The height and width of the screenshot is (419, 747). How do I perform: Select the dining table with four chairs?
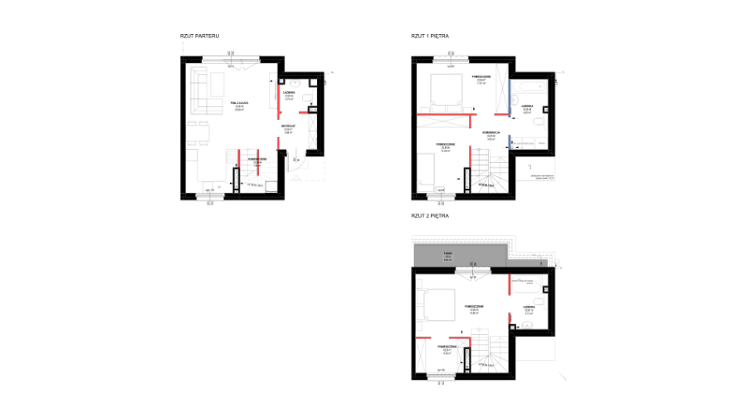pos(198,133)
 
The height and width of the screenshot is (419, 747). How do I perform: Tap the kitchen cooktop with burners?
pos(232,156)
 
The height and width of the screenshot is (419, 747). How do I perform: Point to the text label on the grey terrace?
pos(448,255)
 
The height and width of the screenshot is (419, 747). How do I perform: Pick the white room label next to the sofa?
pos(239,108)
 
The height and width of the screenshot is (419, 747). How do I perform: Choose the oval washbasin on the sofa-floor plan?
pos(295,84)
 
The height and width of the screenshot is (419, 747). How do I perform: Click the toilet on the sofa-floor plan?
pos(309,97)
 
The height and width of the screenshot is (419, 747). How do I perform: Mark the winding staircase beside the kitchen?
pos(259,176)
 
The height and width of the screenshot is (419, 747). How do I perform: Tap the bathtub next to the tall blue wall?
pos(530,86)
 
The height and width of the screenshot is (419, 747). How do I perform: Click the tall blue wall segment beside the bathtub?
pos(510,97)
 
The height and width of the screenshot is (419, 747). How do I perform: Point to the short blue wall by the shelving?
pos(509,142)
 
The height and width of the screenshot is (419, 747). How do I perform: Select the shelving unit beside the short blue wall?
pos(529,143)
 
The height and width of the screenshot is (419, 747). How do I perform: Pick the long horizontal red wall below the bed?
pos(446,115)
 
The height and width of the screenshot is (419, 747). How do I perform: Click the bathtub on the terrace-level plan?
pos(527,284)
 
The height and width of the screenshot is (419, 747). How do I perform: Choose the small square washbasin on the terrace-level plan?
pos(527,325)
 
